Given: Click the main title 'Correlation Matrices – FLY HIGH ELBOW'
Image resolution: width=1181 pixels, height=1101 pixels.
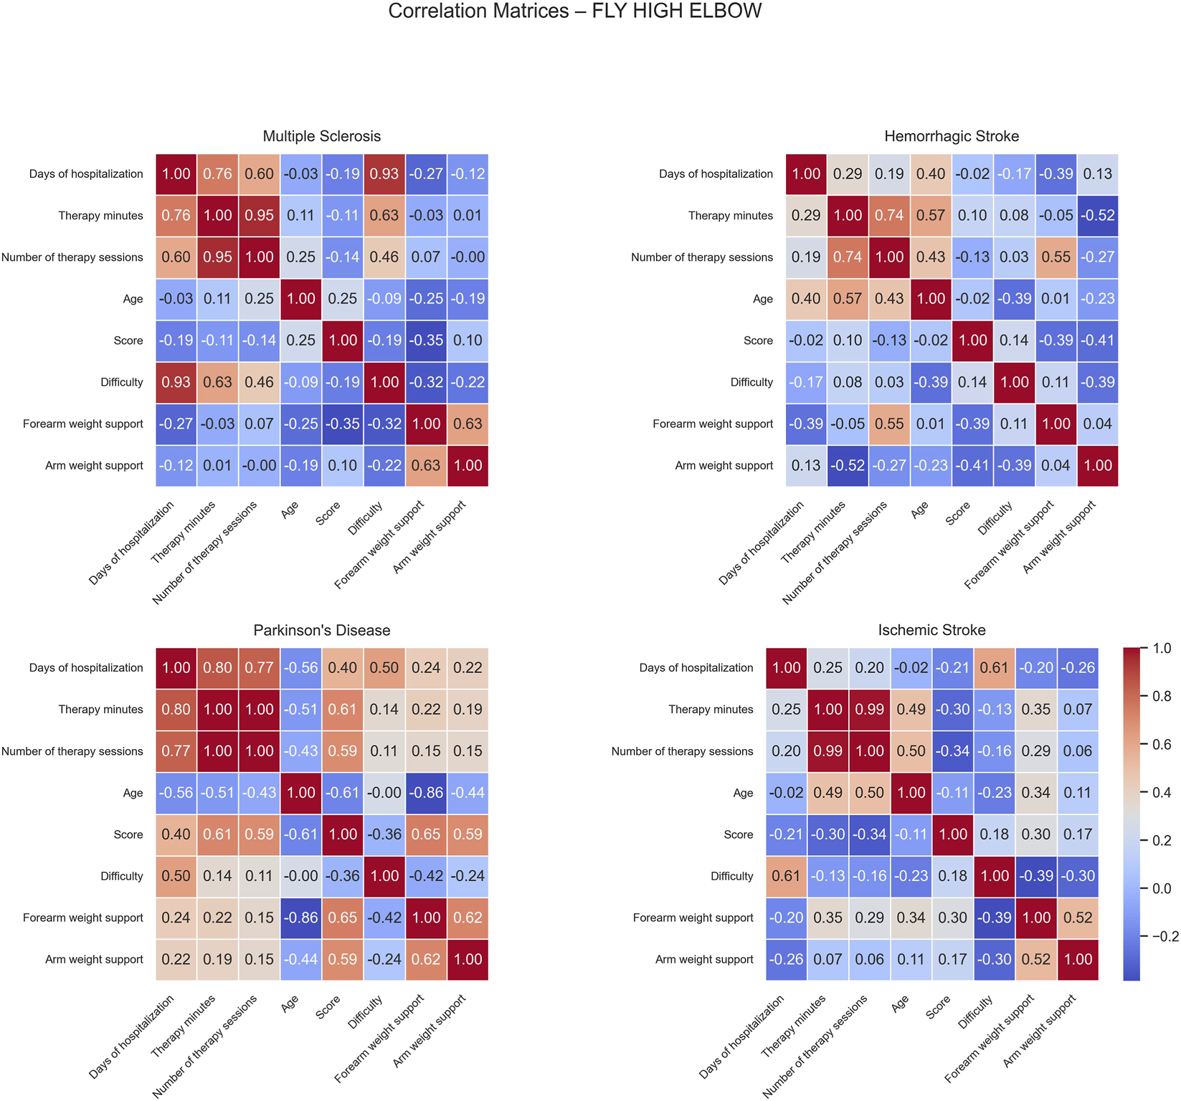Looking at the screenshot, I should click(x=574, y=11).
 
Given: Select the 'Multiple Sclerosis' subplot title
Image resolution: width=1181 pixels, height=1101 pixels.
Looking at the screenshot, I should click(x=321, y=136).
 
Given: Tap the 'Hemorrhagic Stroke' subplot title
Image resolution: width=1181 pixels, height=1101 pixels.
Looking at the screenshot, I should click(x=951, y=136).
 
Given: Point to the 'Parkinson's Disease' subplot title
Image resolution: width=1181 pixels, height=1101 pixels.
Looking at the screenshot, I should click(x=321, y=630).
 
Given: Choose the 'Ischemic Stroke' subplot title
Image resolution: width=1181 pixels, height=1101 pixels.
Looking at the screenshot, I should click(x=931, y=630).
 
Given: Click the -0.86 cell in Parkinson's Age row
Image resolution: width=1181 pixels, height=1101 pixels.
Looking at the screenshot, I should click(x=426, y=793).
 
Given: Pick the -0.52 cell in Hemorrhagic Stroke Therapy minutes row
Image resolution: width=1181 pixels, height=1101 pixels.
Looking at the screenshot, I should click(x=1097, y=216).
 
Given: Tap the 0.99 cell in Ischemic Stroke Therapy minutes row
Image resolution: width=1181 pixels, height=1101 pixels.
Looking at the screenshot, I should click(x=869, y=710).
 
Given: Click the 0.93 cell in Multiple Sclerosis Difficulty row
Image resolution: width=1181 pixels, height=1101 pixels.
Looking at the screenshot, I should click(x=176, y=382).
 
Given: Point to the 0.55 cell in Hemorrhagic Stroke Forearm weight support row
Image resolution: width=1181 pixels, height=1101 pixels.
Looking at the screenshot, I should click(x=889, y=424).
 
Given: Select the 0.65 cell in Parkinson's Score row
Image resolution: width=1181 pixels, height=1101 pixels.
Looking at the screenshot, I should click(x=426, y=834).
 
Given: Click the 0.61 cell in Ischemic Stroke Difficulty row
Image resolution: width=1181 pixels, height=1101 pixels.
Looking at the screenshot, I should click(x=786, y=876).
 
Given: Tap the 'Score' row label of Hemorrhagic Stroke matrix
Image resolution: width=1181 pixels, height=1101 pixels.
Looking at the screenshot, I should click(x=758, y=340).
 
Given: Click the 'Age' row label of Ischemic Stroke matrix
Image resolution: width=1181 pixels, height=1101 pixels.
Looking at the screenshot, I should click(x=743, y=793).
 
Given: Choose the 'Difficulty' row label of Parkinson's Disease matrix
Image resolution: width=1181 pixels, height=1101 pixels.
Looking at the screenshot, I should click(x=121, y=876).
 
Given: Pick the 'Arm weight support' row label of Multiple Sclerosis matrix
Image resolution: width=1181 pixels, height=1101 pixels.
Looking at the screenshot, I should click(x=94, y=465).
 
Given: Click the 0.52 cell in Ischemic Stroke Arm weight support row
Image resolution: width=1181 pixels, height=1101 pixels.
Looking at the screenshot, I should click(x=1035, y=959).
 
